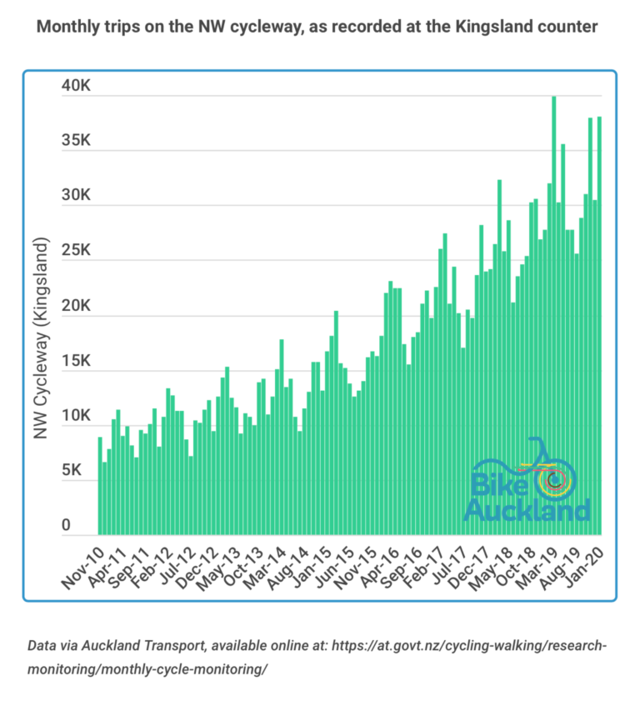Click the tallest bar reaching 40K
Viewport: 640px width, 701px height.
coord(554,317)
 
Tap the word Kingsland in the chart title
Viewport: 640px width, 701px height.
coord(512,27)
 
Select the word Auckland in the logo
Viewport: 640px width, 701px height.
coord(527,509)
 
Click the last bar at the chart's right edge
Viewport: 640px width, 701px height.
coord(599,325)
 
